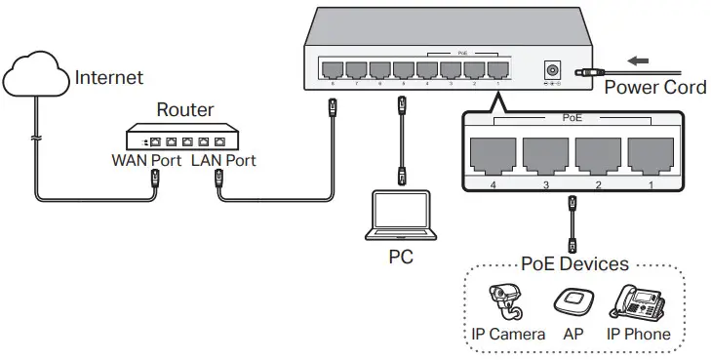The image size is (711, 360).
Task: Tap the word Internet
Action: point(109,77)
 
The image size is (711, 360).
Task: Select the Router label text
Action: point(185,111)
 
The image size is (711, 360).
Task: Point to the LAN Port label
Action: point(223,160)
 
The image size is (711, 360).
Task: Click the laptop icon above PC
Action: point(400,217)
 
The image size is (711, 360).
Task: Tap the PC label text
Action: point(400,258)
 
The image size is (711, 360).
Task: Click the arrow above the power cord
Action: point(637,61)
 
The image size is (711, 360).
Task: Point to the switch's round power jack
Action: point(553,70)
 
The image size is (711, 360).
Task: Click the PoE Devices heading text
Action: point(574,263)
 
